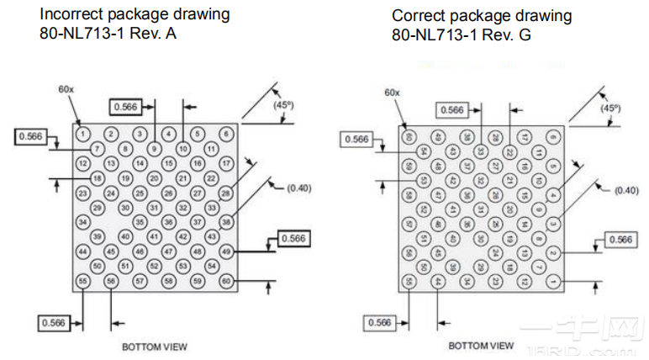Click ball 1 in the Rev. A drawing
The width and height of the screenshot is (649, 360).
pos(82,133)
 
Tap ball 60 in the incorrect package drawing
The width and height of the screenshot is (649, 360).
pos(225,280)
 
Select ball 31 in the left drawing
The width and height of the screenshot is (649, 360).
pos(154,207)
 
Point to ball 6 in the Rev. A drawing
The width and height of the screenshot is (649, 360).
pos(225,133)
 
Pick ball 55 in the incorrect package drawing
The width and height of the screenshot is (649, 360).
pos(82,280)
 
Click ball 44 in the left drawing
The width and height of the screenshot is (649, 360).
pos(82,251)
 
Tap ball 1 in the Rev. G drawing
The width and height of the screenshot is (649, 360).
pos(551,281)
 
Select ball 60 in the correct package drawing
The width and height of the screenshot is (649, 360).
pos(409,135)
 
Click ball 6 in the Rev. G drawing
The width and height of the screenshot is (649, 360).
pos(551,135)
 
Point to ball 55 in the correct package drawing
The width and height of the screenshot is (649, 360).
pos(409,281)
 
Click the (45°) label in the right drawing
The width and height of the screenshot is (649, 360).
pos(610,108)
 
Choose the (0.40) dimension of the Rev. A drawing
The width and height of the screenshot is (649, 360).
pos(298,188)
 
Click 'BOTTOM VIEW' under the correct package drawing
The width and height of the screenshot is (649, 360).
pos(481,345)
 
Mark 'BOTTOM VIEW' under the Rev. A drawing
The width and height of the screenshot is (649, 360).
pos(154,346)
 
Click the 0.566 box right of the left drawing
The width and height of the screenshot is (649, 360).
pos(293,238)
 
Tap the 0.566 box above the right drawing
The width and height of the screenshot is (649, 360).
pos(452,110)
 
